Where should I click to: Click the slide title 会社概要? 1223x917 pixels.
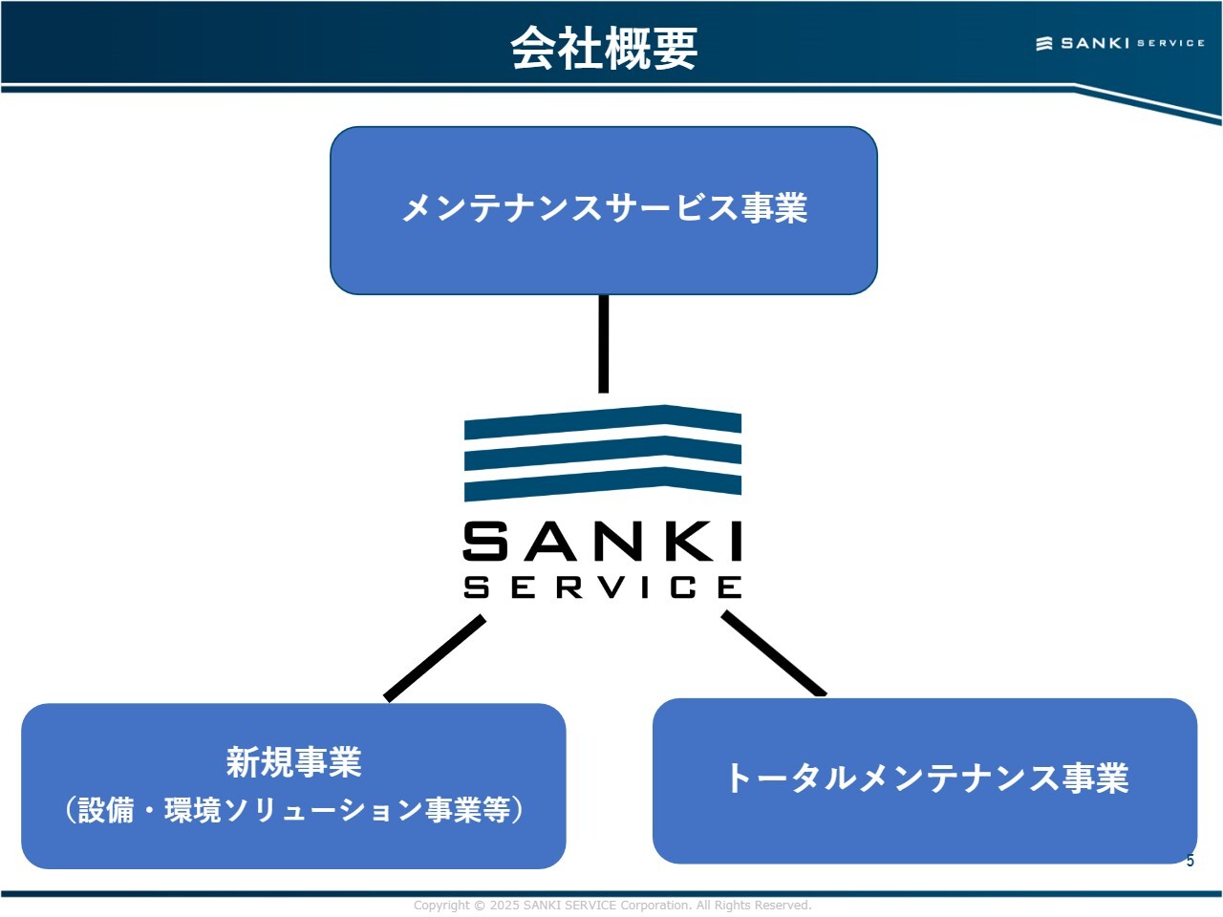[604, 48]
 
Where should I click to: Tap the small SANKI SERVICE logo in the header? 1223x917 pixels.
[1120, 43]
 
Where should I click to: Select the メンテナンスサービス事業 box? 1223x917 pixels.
[604, 209]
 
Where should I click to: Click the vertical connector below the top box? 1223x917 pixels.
[603, 344]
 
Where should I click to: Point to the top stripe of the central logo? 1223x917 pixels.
[603, 420]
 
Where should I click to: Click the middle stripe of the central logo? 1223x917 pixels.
[603, 452]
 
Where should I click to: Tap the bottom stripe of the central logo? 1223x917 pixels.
[603, 483]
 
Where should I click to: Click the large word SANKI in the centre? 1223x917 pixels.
[603, 542]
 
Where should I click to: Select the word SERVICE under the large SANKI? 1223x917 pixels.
[603, 586]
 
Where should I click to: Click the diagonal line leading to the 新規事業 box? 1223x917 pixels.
[435, 658]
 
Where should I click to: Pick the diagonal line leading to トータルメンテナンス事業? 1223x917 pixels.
[774, 655]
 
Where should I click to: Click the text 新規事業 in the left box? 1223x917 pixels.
[293, 762]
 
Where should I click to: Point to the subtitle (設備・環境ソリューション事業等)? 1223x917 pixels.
[293, 810]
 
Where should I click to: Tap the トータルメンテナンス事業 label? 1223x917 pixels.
[927, 778]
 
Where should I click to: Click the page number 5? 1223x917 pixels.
[1190, 861]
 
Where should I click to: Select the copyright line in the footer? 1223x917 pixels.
[611, 906]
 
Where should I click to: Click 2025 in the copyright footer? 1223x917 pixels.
[504, 906]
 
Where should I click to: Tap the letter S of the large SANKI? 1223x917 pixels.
[486, 542]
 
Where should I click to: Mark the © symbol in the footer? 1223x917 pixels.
[480, 906]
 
